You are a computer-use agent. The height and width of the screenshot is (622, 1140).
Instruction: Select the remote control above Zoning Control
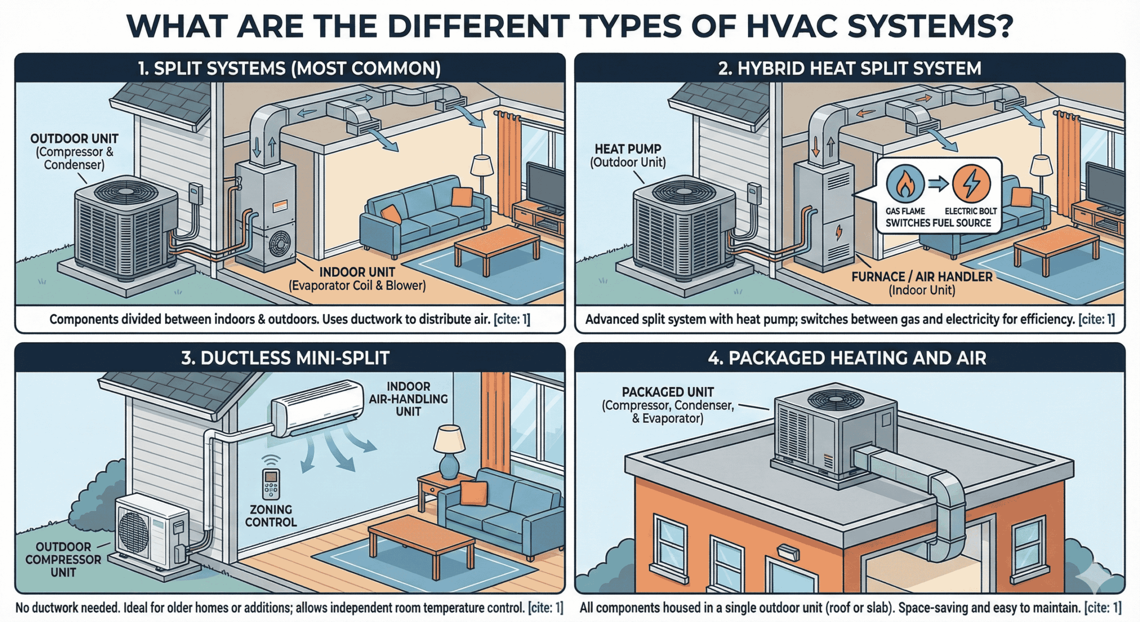coord(271,484)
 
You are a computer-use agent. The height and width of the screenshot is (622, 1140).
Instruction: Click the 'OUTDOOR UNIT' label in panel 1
coord(74,139)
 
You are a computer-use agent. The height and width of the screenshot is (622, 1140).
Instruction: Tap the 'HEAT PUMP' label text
coord(628,149)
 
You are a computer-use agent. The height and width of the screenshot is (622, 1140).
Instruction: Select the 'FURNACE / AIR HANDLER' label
coord(922,277)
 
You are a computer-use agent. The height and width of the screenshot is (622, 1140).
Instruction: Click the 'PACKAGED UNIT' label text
coord(668,392)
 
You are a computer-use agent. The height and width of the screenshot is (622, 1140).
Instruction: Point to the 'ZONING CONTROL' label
coord(271,516)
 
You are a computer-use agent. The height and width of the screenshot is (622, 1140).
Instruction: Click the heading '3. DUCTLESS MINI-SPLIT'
coord(285,358)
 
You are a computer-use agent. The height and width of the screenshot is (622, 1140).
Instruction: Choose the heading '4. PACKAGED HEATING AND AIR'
coord(847,358)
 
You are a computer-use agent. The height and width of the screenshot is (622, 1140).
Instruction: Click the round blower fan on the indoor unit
coord(280,245)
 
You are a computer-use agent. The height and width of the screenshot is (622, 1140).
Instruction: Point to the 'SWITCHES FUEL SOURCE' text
coord(938,223)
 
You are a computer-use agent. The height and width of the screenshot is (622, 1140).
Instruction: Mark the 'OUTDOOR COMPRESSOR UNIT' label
coord(63,559)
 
